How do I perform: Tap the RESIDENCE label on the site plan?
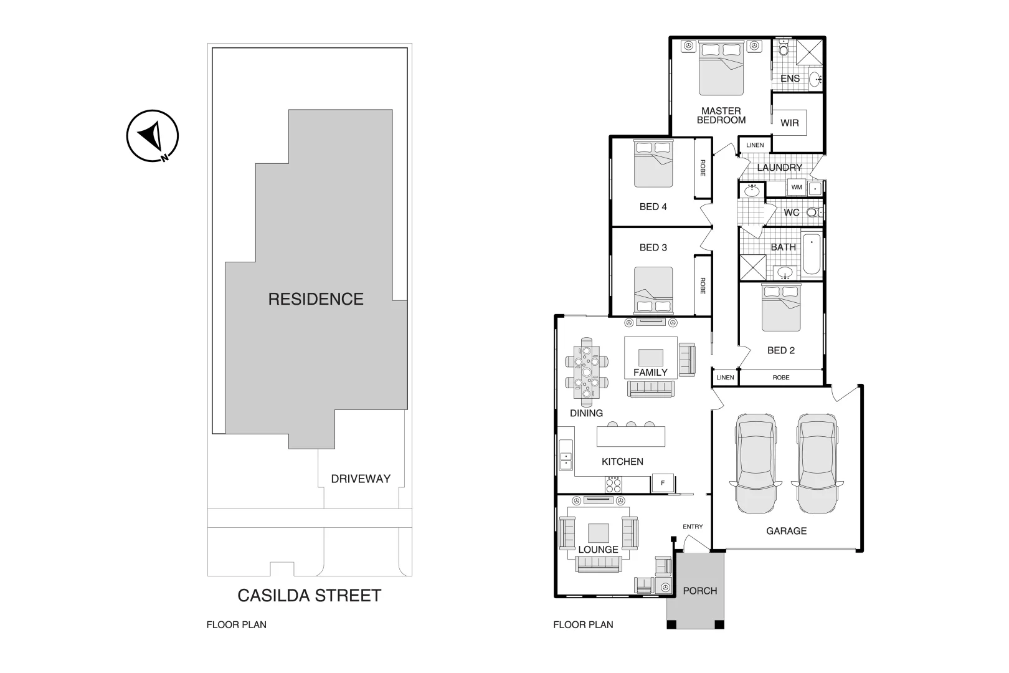(x=316, y=299)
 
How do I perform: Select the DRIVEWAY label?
(x=361, y=479)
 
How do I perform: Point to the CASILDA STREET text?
(x=309, y=596)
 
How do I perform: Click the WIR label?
(x=789, y=123)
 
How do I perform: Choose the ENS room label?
(x=790, y=79)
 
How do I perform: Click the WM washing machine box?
(x=796, y=187)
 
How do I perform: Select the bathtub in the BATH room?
(x=812, y=254)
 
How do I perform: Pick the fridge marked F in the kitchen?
(x=663, y=483)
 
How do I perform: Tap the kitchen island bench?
(x=630, y=436)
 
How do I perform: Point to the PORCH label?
(x=700, y=591)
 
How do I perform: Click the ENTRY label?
(x=693, y=527)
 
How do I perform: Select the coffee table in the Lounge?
(x=599, y=533)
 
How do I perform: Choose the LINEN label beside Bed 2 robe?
(x=725, y=378)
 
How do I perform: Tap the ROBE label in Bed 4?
(x=703, y=168)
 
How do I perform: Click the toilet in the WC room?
(x=812, y=212)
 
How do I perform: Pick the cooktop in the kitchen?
(x=613, y=484)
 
